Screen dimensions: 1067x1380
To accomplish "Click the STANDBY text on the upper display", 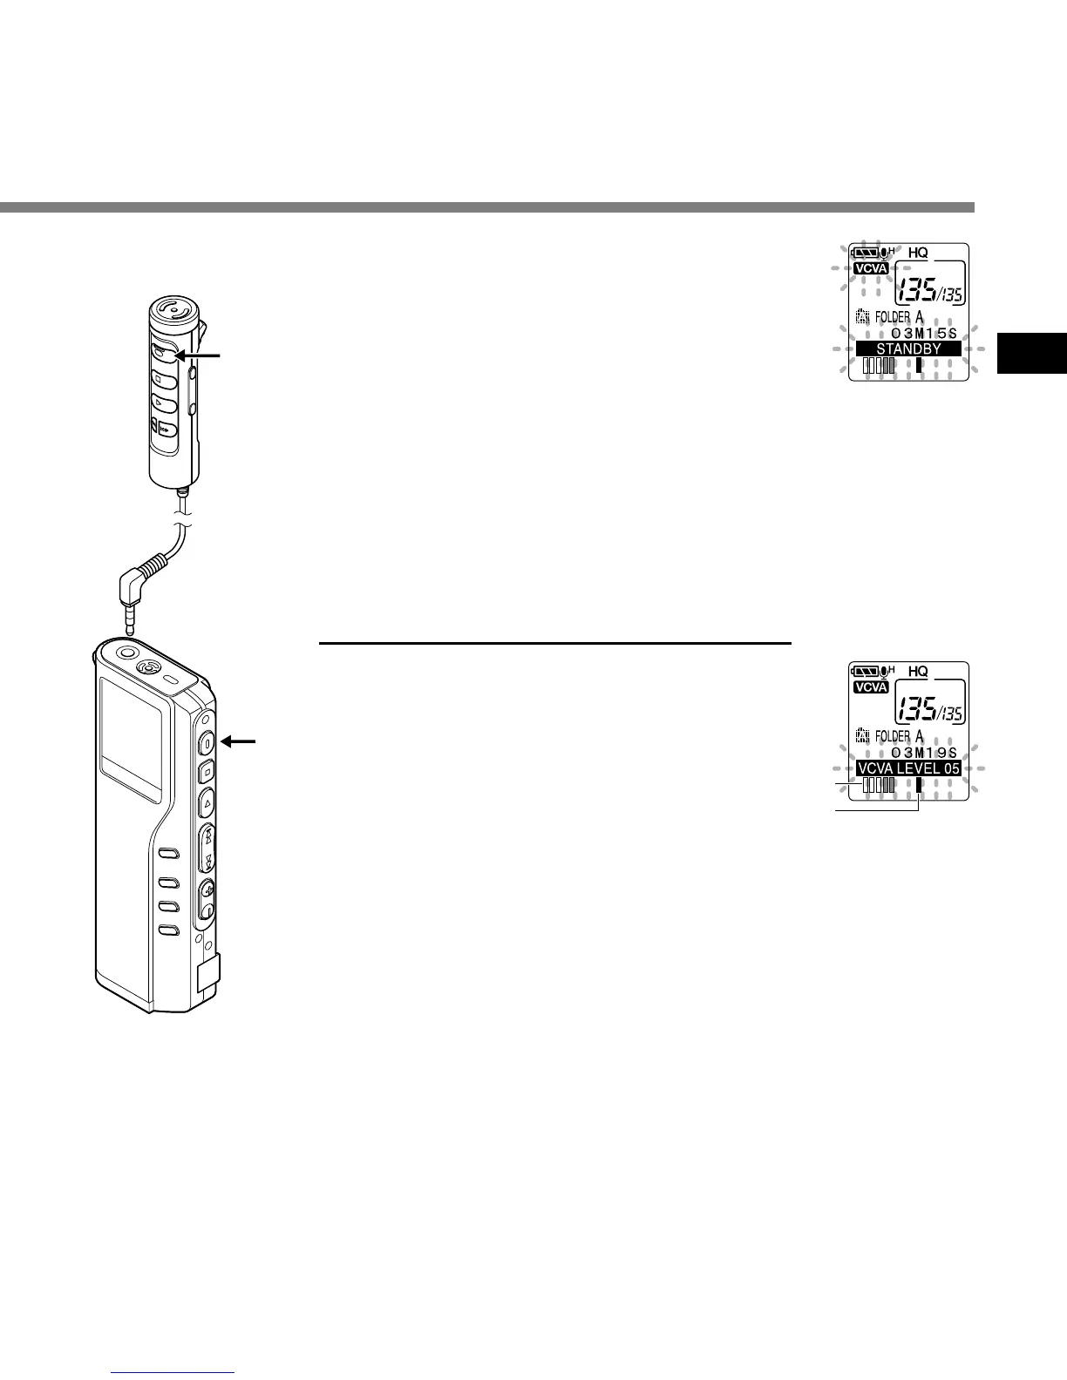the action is pyautogui.click(x=908, y=348).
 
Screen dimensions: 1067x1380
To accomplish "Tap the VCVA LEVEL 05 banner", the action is pyautogui.click(x=908, y=768).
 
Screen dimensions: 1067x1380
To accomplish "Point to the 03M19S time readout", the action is pyautogui.click(x=924, y=753).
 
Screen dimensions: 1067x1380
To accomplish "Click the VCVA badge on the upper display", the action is pyautogui.click(x=871, y=268).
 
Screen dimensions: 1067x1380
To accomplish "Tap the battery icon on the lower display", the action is pyautogui.click(x=867, y=672).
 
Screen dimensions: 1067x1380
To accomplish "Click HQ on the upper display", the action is pyautogui.click(x=918, y=253).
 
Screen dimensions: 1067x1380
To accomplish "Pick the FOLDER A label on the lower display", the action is pyautogui.click(x=899, y=737).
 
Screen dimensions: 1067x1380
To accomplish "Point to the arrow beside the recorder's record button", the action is pyautogui.click(x=241, y=741).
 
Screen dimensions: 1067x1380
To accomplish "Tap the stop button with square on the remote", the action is pyautogui.click(x=163, y=379).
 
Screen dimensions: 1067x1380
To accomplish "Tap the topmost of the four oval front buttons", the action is pyautogui.click(x=169, y=854).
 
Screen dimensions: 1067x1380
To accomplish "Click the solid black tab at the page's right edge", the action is pyautogui.click(x=1032, y=366).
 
